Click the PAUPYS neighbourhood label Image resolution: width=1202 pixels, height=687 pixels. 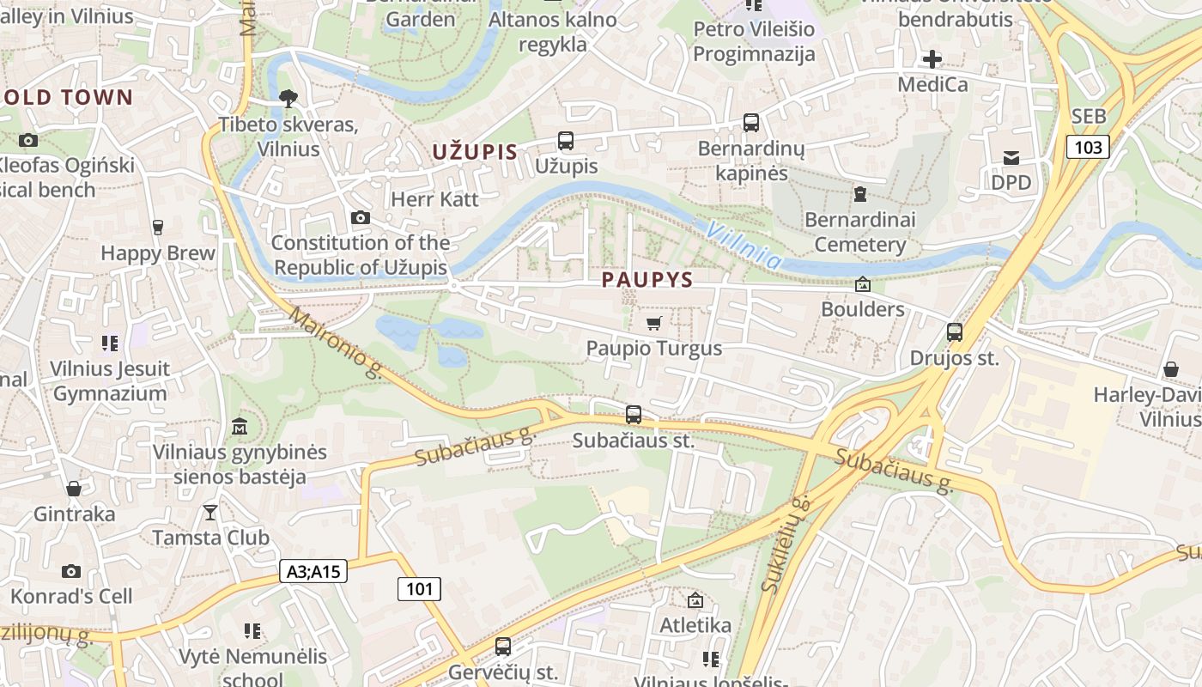[647, 280]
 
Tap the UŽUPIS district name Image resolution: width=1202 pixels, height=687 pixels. [475, 153]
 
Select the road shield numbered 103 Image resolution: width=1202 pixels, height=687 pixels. [1088, 147]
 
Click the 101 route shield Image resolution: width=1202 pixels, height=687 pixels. [419, 589]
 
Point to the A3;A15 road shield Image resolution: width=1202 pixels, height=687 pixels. [313, 571]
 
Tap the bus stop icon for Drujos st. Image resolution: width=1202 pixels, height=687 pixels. [954, 331]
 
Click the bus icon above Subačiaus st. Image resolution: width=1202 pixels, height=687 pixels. [634, 415]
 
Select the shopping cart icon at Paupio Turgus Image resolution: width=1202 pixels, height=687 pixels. [654, 323]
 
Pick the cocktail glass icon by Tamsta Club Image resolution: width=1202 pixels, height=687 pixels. [210, 513]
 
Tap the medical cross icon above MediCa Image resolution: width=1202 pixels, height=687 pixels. [932, 59]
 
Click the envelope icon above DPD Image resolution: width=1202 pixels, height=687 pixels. [1011, 157]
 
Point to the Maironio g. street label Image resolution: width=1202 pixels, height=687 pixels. [336, 343]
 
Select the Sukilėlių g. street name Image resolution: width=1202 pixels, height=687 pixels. [786, 544]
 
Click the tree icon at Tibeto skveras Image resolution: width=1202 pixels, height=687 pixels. [288, 98]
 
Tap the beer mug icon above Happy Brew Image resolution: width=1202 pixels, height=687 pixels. [157, 228]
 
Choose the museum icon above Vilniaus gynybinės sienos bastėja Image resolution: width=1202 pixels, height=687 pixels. [240, 426]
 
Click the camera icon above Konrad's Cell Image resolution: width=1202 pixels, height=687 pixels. [71, 571]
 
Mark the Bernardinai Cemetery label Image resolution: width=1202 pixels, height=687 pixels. [859, 232]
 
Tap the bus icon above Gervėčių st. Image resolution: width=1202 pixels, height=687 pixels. [503, 646]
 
